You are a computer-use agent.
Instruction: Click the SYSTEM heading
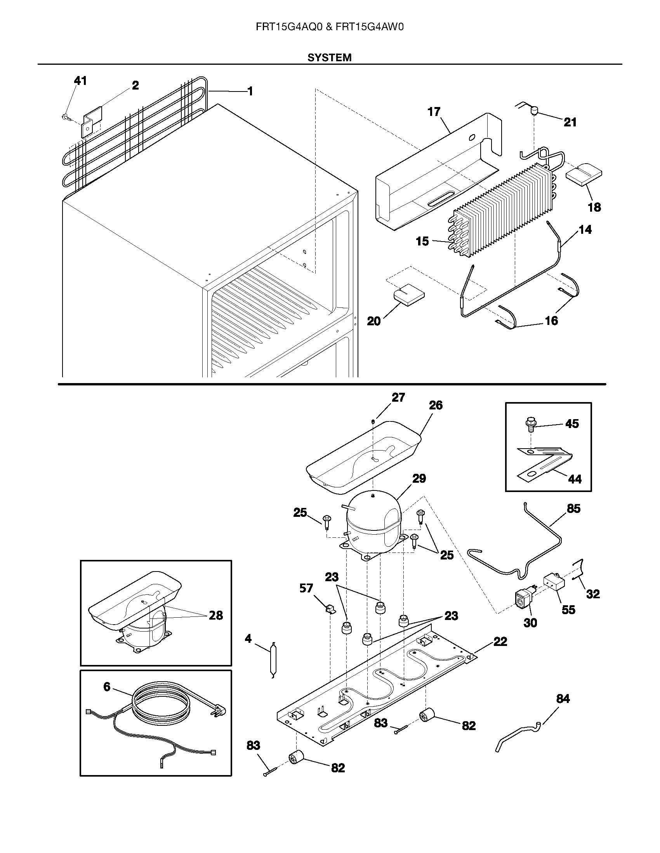[x=329, y=58]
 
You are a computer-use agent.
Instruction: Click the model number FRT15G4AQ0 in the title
[x=288, y=27]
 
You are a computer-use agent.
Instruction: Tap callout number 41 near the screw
[x=80, y=81]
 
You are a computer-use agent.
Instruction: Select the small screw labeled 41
[x=65, y=116]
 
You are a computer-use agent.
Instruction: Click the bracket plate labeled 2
[x=91, y=122]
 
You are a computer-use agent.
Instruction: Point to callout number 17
[x=434, y=112]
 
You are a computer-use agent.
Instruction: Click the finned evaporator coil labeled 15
[x=504, y=211]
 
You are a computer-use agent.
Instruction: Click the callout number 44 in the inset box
[x=574, y=479]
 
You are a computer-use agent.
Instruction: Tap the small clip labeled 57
[x=330, y=609]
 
